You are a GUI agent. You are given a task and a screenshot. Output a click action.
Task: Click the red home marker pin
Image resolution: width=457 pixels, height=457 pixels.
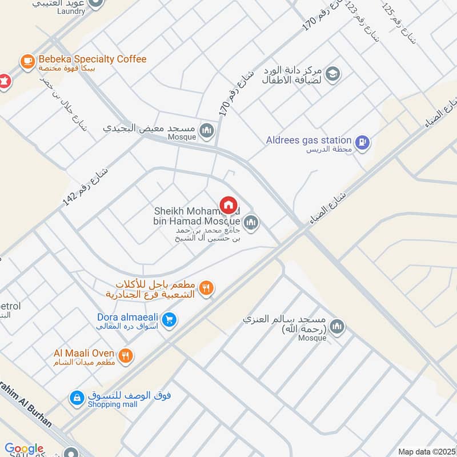click(228, 205)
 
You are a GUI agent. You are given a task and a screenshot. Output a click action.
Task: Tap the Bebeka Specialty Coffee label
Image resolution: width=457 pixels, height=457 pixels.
click(92, 59)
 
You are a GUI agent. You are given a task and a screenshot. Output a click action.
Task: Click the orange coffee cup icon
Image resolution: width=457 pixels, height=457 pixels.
click(26, 60)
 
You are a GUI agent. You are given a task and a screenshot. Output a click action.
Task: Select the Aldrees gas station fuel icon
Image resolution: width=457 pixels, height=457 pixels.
click(362, 142)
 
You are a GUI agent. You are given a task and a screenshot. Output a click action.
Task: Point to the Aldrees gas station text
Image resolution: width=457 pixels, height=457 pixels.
click(308, 140)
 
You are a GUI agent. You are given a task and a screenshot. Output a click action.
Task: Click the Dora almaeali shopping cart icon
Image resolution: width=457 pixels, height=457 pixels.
click(168, 320)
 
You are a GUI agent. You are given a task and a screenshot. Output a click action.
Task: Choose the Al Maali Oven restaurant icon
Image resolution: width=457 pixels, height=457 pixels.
click(126, 356)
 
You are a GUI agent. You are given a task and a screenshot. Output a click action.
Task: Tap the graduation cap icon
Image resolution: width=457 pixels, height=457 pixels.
click(332, 73)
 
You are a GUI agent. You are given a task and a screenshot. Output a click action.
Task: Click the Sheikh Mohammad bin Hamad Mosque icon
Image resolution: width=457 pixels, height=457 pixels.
click(250, 222)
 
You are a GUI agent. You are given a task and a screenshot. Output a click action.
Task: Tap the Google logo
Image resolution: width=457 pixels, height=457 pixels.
click(24, 449)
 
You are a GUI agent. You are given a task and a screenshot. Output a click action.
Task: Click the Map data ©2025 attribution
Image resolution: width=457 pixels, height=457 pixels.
click(427, 452)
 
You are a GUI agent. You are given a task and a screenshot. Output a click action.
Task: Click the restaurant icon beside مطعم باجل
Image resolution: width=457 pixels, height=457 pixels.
click(207, 289)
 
